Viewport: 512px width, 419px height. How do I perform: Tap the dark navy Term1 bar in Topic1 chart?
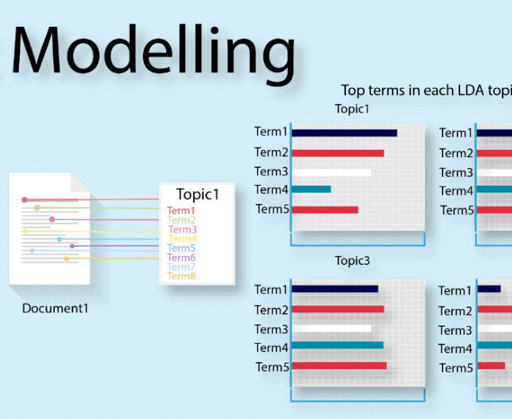345,133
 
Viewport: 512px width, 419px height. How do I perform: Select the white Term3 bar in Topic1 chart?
332,173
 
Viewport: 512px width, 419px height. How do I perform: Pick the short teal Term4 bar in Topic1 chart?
311,189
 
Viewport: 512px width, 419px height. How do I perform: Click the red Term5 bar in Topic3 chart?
339,366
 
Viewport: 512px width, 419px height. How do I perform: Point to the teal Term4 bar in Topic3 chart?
338,345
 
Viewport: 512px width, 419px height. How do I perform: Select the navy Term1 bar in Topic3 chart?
335,289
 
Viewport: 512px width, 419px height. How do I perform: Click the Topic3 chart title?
353,261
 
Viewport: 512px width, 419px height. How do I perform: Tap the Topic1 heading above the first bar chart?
352,109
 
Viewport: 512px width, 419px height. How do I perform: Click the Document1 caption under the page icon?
55,309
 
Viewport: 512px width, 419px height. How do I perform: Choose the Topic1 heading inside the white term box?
197,195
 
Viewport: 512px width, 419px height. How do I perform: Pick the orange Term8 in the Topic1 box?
181,276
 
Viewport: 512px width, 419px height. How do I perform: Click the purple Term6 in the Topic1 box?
181,257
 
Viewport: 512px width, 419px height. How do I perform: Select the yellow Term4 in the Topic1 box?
183,238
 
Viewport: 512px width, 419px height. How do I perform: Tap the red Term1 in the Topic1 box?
181,211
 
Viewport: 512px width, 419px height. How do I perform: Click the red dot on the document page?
24,200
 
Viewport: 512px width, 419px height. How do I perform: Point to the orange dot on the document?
67,259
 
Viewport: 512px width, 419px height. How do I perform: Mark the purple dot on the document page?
72,246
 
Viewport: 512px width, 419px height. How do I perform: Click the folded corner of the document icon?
79,183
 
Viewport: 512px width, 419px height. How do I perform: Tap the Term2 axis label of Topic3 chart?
271,310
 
